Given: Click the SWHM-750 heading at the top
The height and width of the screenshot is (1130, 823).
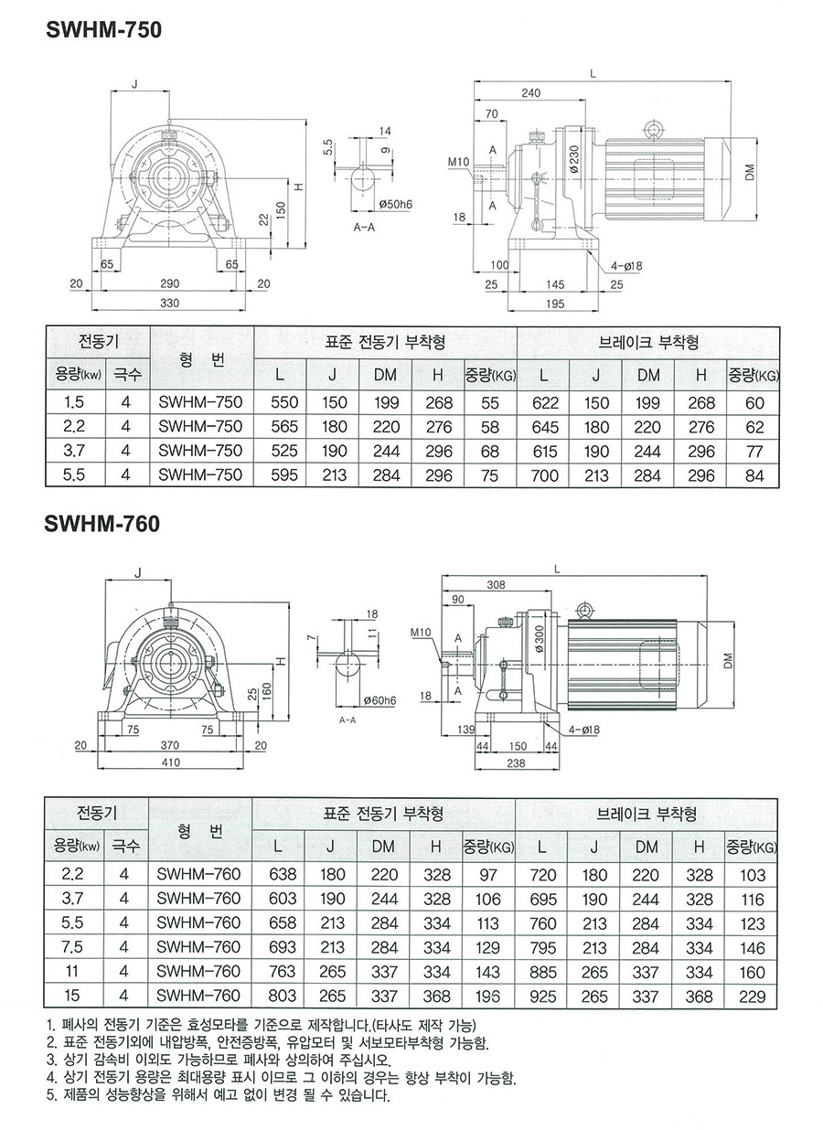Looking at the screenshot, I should click(102, 30).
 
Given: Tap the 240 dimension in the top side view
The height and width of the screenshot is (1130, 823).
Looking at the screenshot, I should click(529, 92).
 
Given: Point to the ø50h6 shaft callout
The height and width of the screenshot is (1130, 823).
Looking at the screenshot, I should click(395, 204).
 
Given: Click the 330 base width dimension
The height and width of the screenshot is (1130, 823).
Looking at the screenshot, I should click(170, 302).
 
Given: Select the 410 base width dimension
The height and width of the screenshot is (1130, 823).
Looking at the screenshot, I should click(170, 762).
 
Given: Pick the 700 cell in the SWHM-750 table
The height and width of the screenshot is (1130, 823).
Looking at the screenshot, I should click(543, 474).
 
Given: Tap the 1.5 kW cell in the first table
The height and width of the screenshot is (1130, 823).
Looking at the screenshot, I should click(76, 401).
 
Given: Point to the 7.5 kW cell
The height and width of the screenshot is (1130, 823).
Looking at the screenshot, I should click(76, 946).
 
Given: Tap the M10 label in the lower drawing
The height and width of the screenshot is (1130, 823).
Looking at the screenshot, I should click(422, 632).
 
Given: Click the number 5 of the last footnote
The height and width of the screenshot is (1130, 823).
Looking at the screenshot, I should click(49, 1095).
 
